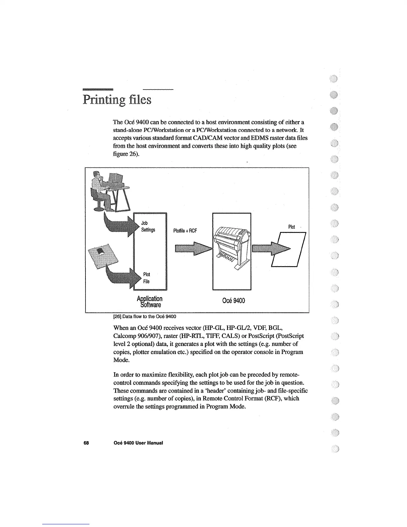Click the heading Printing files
point(117,100)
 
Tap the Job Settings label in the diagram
point(148,227)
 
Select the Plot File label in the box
point(146,278)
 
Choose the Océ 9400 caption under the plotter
point(233,301)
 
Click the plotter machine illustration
point(232,246)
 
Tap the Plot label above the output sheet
point(292,227)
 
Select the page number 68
point(86,443)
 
